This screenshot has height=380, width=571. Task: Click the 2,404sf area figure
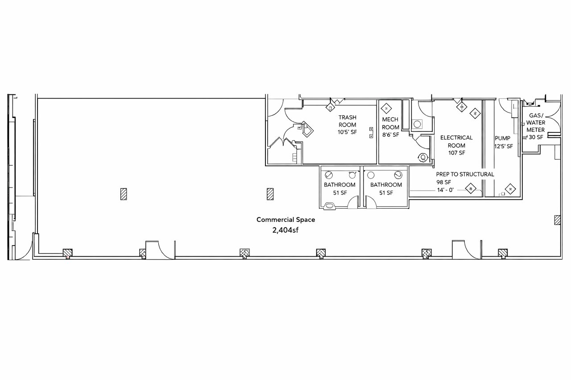(285, 230)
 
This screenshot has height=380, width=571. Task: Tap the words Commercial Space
(285, 220)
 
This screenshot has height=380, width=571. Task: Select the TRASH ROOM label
(347, 121)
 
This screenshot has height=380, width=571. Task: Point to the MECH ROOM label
(390, 123)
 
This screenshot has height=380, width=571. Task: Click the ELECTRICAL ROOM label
(456, 142)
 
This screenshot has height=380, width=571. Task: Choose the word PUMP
(502, 138)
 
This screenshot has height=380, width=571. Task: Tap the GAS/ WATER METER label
(536, 123)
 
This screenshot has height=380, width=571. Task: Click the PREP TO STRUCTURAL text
(465, 174)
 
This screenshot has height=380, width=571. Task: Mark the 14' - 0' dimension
(445, 190)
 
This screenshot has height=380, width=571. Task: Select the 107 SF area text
(456, 153)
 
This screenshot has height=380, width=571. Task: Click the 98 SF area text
(443, 182)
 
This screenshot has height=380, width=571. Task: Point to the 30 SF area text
(536, 137)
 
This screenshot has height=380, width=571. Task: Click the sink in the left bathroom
(330, 206)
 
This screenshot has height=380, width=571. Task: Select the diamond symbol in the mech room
(386, 109)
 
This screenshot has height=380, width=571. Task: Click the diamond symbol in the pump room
(510, 189)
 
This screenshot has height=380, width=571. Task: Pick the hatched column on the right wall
(557, 220)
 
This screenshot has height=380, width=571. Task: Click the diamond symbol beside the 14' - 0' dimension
(471, 188)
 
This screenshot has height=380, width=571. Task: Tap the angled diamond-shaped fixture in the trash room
(307, 129)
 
